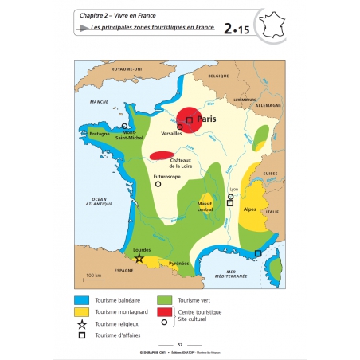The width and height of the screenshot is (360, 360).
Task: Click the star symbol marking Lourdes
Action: click(x=139, y=258)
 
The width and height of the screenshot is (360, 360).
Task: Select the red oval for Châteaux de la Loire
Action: click(x=163, y=155)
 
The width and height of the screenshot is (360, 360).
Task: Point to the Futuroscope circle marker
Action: click(x=158, y=184)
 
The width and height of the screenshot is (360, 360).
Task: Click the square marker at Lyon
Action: click(x=230, y=203)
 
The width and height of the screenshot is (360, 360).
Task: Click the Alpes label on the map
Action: click(x=249, y=209)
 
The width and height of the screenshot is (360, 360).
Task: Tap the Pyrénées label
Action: click(x=178, y=263)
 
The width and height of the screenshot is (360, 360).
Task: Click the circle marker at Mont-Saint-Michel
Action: click(x=124, y=126)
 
